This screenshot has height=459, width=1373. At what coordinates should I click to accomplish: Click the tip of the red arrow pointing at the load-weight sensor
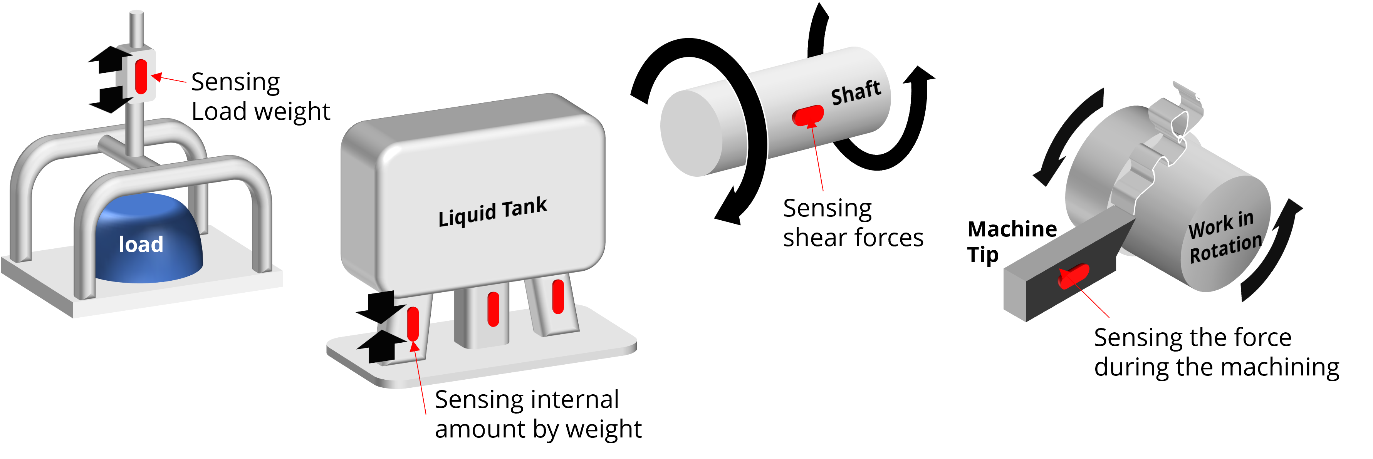(152, 76)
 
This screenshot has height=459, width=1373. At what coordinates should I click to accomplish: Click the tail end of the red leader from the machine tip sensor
(1109, 317)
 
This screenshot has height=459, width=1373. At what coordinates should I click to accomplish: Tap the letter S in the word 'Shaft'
(838, 97)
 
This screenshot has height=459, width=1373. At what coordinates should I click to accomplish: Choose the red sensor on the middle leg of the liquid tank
(493, 309)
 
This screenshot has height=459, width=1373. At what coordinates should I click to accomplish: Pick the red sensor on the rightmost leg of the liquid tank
(558, 297)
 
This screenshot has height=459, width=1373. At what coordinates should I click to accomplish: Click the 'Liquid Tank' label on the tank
(492, 211)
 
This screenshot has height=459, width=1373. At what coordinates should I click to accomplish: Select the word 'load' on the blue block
(141, 245)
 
